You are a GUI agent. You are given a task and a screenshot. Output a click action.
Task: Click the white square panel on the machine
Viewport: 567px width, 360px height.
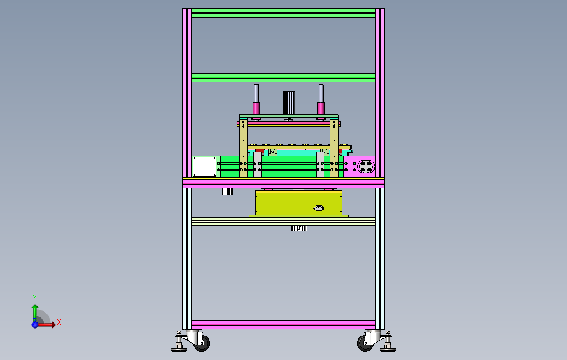204,167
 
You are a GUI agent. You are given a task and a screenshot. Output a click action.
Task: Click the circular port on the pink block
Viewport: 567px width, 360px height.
366,167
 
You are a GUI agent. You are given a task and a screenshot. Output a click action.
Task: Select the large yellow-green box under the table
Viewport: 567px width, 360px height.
298,203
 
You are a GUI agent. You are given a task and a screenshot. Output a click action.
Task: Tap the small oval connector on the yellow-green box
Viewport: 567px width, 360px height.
318,208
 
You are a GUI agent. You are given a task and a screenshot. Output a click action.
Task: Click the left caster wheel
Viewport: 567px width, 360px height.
202,343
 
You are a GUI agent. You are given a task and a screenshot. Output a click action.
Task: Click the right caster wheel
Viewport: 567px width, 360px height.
365,343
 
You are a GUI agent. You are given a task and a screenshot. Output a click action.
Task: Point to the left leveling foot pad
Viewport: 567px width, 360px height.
179,349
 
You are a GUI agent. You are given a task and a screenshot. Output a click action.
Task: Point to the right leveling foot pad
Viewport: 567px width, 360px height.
388,349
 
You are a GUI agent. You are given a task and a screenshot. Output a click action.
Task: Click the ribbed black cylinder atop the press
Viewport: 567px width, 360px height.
289,103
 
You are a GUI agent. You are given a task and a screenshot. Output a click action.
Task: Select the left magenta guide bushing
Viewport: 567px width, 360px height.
256,108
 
